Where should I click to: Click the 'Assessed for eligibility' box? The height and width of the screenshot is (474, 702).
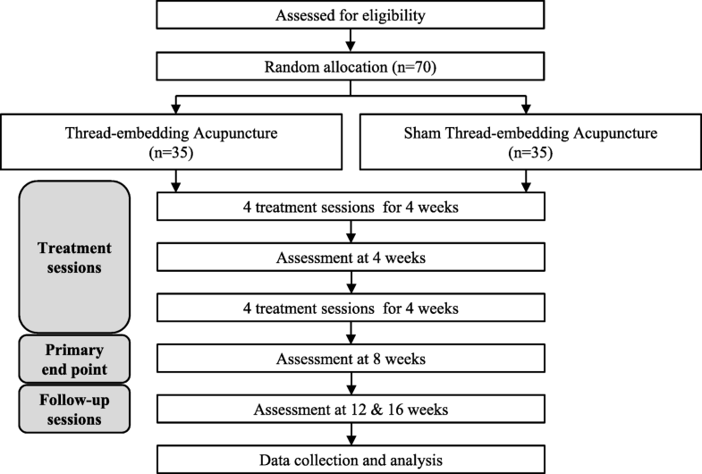(x=351, y=14)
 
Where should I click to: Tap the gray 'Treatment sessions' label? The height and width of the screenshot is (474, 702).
(x=75, y=255)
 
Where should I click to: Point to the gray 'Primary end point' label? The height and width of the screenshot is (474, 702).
(x=75, y=358)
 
